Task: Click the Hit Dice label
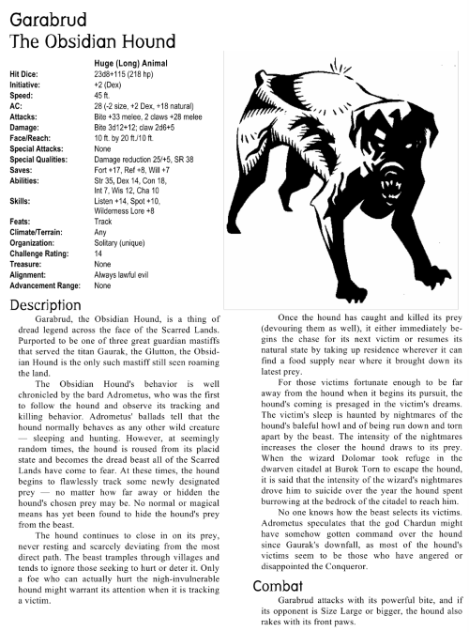click(24, 72)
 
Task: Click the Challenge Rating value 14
click(99, 254)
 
